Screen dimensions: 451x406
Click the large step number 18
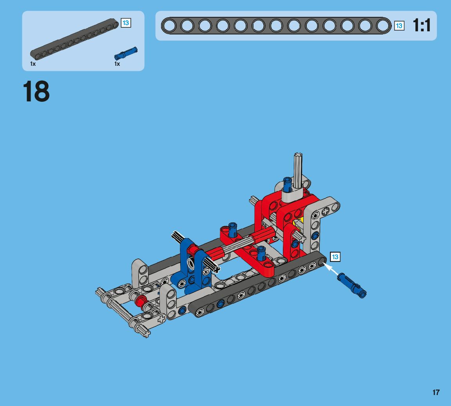[36, 91]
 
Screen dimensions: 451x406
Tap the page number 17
[436, 392]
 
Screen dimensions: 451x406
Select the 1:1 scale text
[422, 25]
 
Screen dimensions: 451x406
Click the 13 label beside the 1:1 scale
[399, 26]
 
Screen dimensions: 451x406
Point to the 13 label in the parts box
[126, 23]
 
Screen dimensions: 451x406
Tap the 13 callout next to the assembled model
[335, 256]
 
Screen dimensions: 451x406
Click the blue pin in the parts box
[126, 53]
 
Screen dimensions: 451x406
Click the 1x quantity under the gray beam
[33, 64]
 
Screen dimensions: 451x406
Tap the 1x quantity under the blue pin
[117, 64]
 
